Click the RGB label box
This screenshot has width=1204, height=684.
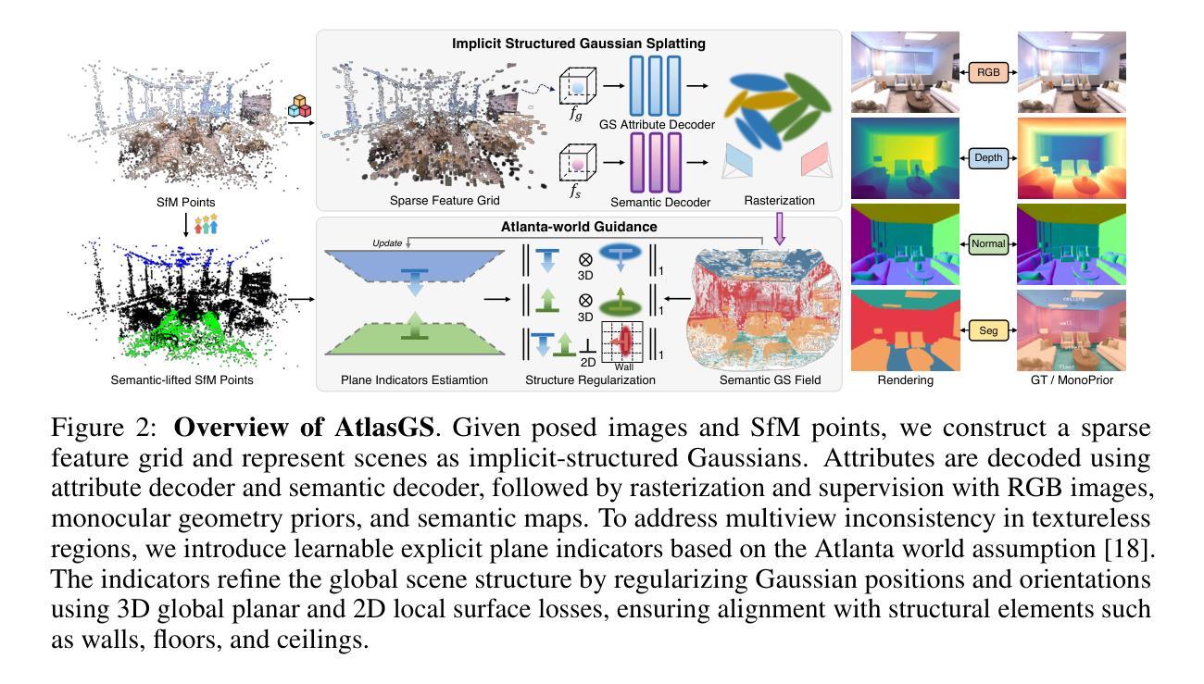point(988,71)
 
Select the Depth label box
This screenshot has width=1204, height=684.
point(988,158)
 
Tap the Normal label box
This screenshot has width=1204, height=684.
point(988,244)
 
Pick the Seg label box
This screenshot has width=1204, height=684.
point(988,330)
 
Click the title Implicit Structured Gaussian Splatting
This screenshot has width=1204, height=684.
point(578,44)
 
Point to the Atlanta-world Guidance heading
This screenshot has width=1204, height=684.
point(579,226)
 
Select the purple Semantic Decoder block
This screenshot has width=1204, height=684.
point(655,163)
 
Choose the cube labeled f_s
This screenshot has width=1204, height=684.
point(576,164)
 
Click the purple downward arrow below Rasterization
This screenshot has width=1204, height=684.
point(780,228)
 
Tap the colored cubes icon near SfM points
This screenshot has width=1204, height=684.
point(300,106)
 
